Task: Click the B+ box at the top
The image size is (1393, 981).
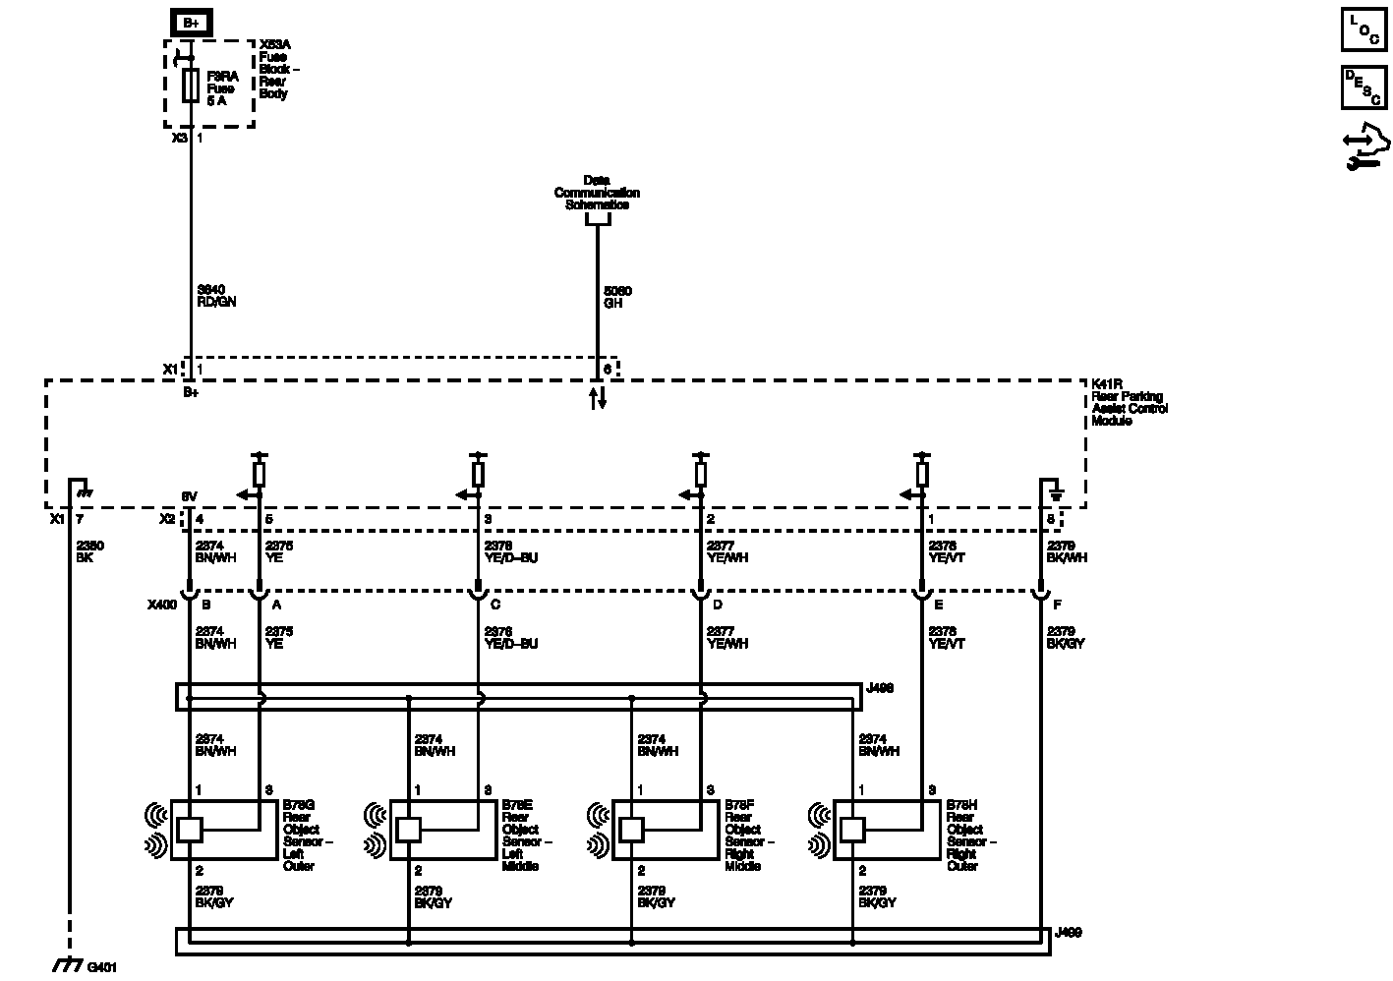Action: click(x=191, y=22)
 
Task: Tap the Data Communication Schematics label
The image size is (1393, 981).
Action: click(x=597, y=193)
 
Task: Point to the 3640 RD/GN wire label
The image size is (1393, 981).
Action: click(x=216, y=296)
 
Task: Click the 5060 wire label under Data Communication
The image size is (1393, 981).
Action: click(x=617, y=297)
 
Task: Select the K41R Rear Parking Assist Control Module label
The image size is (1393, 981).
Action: click(x=1129, y=402)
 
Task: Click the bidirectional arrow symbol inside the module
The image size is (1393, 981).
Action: click(x=597, y=398)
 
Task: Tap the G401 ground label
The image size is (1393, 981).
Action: click(x=101, y=967)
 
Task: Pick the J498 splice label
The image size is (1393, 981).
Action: click(x=880, y=689)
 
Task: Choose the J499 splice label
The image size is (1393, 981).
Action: click(x=1068, y=932)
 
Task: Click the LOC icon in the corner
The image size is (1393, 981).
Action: click(x=1364, y=29)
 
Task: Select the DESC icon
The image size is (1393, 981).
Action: click(x=1364, y=87)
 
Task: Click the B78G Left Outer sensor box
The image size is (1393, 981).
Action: click(x=224, y=831)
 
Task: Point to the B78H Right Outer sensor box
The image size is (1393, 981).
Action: click(x=887, y=831)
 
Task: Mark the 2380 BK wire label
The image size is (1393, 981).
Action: click(x=89, y=551)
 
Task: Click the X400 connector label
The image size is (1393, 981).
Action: click(x=161, y=606)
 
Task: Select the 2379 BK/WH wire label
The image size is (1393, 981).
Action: click(x=1067, y=551)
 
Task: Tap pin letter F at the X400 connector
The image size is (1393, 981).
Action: click(x=1057, y=606)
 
